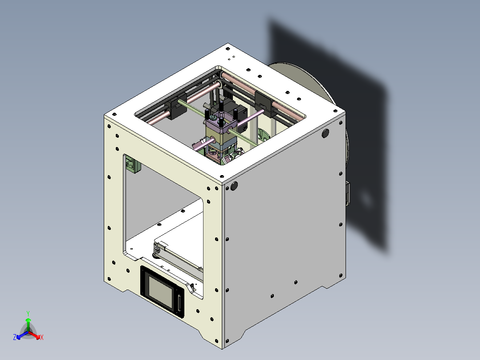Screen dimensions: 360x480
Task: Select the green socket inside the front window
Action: point(132,165)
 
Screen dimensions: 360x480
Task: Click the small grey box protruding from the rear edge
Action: point(348,194)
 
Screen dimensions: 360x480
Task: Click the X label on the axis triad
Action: point(42,338)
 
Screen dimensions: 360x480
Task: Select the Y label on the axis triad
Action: point(28,313)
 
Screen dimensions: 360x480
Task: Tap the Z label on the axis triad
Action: point(15,337)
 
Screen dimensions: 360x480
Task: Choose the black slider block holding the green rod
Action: point(176,107)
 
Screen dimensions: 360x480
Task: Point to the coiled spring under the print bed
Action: point(157,253)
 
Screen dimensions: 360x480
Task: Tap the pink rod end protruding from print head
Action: point(197,145)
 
